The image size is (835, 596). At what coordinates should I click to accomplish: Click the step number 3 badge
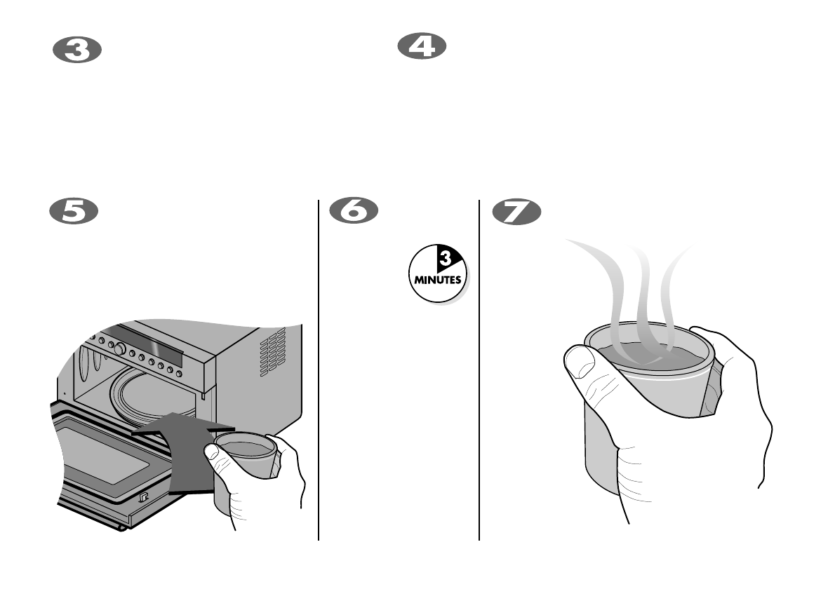click(78, 51)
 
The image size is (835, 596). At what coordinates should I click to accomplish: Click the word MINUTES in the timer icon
click(437, 278)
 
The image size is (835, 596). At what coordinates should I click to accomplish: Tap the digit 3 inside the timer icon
click(444, 260)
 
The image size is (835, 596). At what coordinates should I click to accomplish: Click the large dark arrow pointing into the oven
click(185, 449)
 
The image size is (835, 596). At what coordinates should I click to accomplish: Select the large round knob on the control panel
click(120, 348)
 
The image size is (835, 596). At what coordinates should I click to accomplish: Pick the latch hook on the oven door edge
click(143, 498)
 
